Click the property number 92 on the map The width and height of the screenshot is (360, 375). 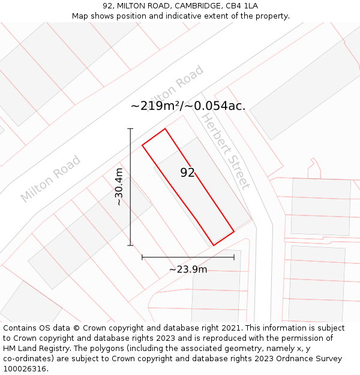coord(187,173)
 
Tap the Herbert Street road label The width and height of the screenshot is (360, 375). coord(224,151)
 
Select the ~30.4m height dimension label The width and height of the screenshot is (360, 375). coord(119,187)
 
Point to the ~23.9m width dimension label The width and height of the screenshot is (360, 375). coord(188,269)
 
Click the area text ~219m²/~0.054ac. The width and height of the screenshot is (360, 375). coord(188,106)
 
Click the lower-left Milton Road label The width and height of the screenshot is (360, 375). coord(50,178)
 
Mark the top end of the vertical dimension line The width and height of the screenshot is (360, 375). coord(130,128)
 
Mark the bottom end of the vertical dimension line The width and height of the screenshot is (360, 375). coord(130,245)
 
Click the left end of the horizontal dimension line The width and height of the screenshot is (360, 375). coord(142,257)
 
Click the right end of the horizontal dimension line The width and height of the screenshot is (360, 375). coord(234,257)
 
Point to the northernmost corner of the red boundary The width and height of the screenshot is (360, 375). coord(165,128)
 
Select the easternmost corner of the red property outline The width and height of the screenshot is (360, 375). coord(234,231)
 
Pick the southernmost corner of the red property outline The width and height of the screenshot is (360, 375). coord(214,245)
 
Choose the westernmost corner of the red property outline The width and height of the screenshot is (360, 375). coord(142,145)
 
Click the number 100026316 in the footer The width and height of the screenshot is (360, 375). coord(25,368)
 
